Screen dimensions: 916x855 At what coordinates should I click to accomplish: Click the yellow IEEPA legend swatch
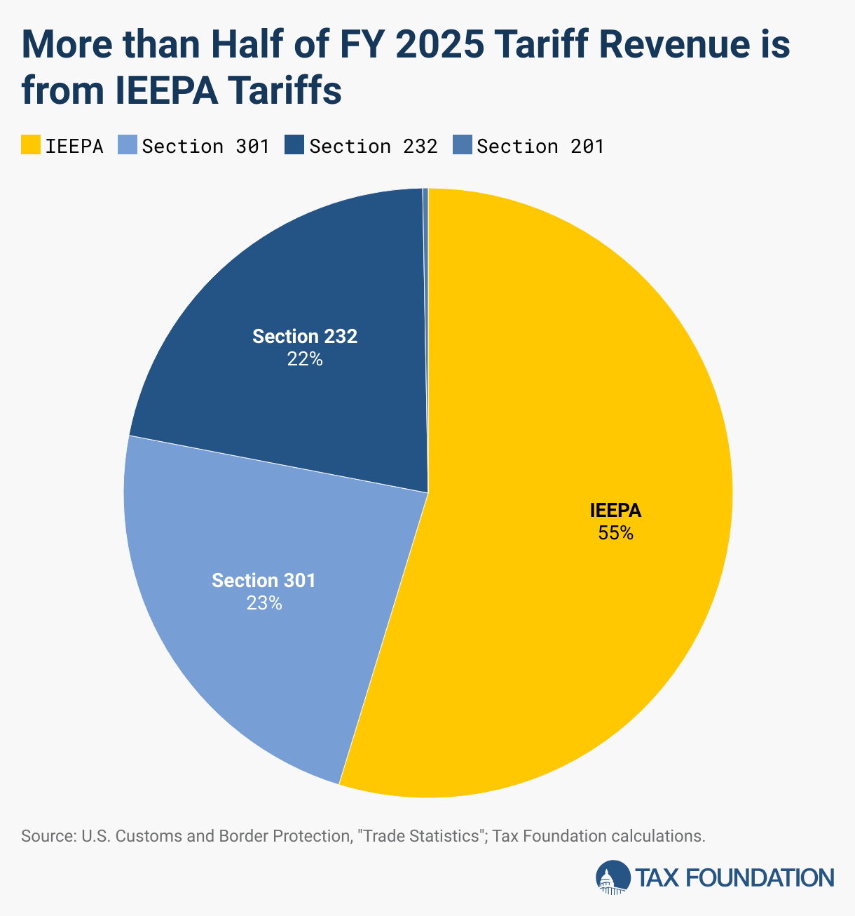(x=31, y=145)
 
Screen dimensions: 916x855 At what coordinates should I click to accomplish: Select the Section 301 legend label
(x=205, y=146)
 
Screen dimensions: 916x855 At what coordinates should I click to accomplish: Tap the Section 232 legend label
(x=373, y=146)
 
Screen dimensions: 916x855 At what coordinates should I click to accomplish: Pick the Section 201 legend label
(x=540, y=146)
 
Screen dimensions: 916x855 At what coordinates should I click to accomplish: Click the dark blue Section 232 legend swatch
(x=294, y=145)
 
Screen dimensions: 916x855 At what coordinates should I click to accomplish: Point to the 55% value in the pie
(x=615, y=533)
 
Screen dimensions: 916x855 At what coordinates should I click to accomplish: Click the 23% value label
(x=264, y=603)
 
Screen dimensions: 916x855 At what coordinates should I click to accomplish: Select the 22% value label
(x=304, y=359)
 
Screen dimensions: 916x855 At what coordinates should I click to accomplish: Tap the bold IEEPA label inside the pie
(x=615, y=511)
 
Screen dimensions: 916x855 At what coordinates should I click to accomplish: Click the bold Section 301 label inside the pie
(x=264, y=581)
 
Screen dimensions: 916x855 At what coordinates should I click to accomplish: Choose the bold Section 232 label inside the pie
(x=304, y=337)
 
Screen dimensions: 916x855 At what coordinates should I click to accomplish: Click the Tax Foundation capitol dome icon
(x=613, y=877)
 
